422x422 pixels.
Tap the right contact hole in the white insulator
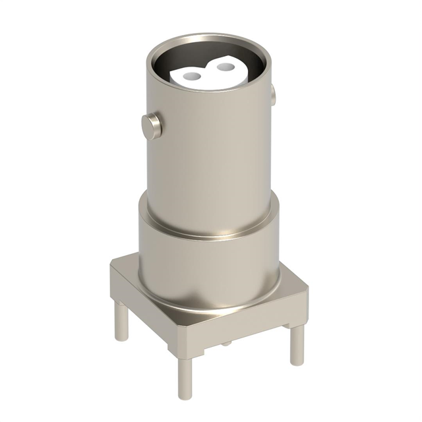(225, 67)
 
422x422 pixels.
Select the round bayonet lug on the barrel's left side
(152, 125)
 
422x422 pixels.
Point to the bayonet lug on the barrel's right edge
(271, 97)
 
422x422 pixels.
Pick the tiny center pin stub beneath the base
(226, 342)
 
